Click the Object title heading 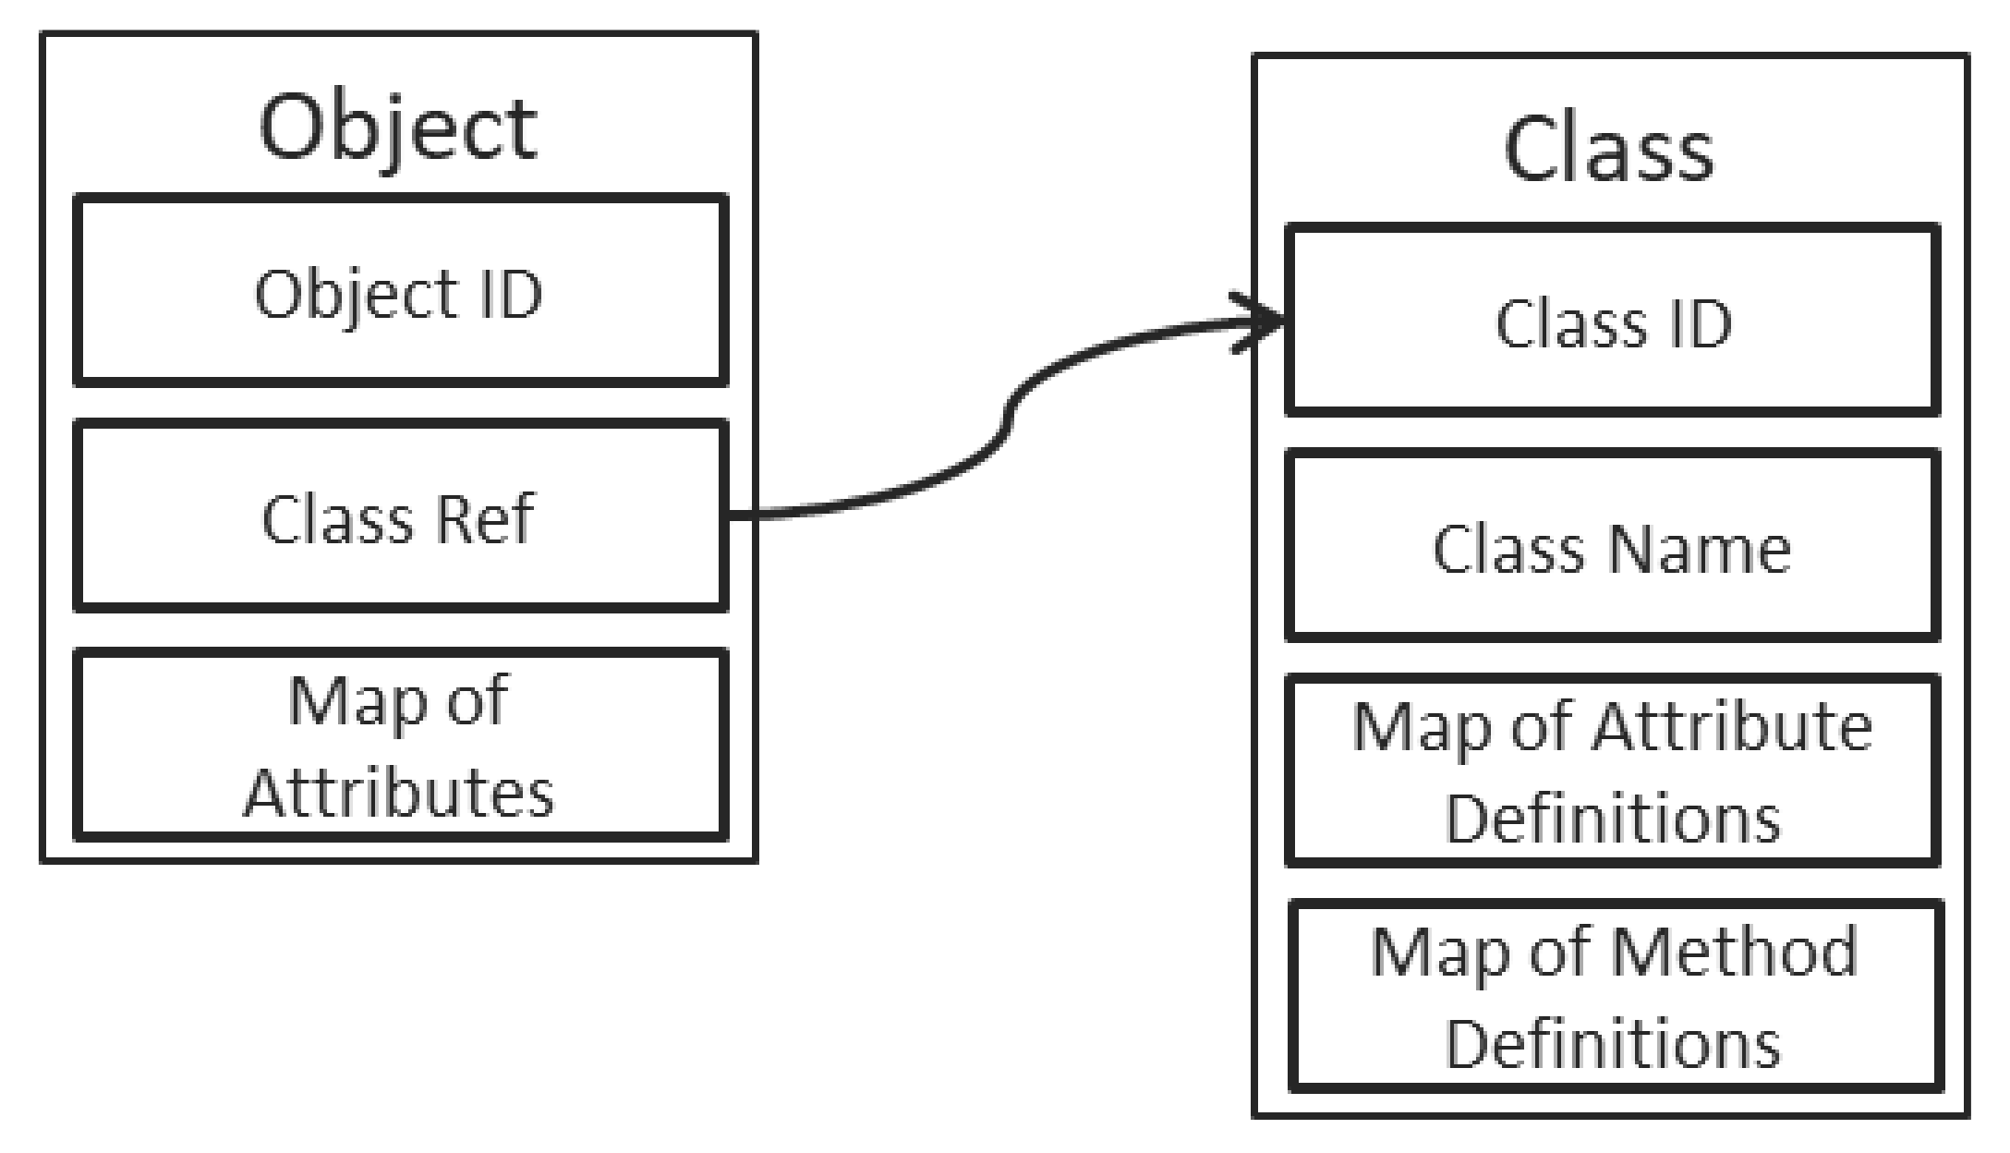[398, 127]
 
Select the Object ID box [400, 291]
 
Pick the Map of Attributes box [400, 745]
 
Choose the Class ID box [1612, 321]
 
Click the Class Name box [1612, 547]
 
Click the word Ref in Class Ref [484, 518]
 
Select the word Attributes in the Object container [399, 793]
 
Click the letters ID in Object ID [510, 295]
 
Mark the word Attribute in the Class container [1732, 727]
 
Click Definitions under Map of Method [1612, 1044]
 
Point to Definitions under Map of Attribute [1612, 819]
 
